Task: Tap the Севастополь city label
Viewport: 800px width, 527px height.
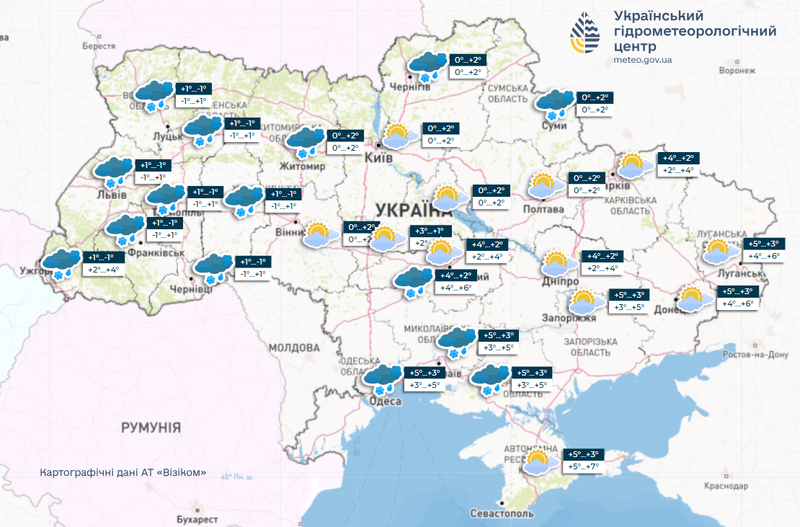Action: point(502,514)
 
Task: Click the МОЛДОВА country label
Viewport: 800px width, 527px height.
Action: point(294,347)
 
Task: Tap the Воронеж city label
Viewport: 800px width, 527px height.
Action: point(737,71)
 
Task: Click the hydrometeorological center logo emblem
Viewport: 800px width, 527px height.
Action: point(585,34)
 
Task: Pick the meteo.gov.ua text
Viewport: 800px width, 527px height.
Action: point(642,60)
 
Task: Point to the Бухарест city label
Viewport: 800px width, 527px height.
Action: point(197,519)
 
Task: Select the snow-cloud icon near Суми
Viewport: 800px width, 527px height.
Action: point(555,104)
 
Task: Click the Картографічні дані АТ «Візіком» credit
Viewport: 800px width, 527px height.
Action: point(124,473)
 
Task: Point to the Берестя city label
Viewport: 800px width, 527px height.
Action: point(99,45)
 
